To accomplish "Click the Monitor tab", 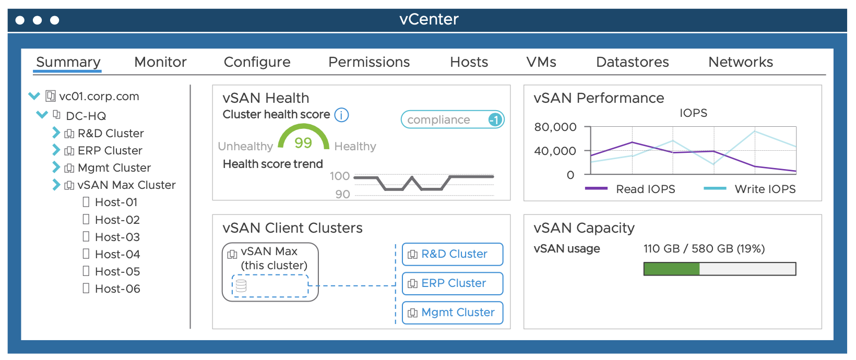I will click(x=160, y=62).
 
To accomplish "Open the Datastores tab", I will click(x=632, y=62).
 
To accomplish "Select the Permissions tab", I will click(x=369, y=62).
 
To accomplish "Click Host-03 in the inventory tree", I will click(x=117, y=237).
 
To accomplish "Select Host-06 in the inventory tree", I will click(x=117, y=289).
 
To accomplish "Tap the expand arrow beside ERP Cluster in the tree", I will click(x=56, y=150).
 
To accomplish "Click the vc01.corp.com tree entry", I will click(x=99, y=96).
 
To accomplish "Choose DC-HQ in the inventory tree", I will click(x=86, y=116).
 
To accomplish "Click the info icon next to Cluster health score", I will click(x=341, y=115).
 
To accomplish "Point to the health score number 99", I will click(x=303, y=142).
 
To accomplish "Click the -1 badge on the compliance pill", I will click(x=494, y=120).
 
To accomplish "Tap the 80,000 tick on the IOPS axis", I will click(x=555, y=127).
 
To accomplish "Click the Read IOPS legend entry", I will click(x=645, y=189).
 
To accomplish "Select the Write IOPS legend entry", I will click(x=765, y=189).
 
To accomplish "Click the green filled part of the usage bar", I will click(x=672, y=269).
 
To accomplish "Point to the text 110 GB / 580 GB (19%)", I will click(x=704, y=248).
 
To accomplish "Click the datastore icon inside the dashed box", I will click(x=241, y=286).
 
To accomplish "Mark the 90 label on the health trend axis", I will click(x=342, y=194).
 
